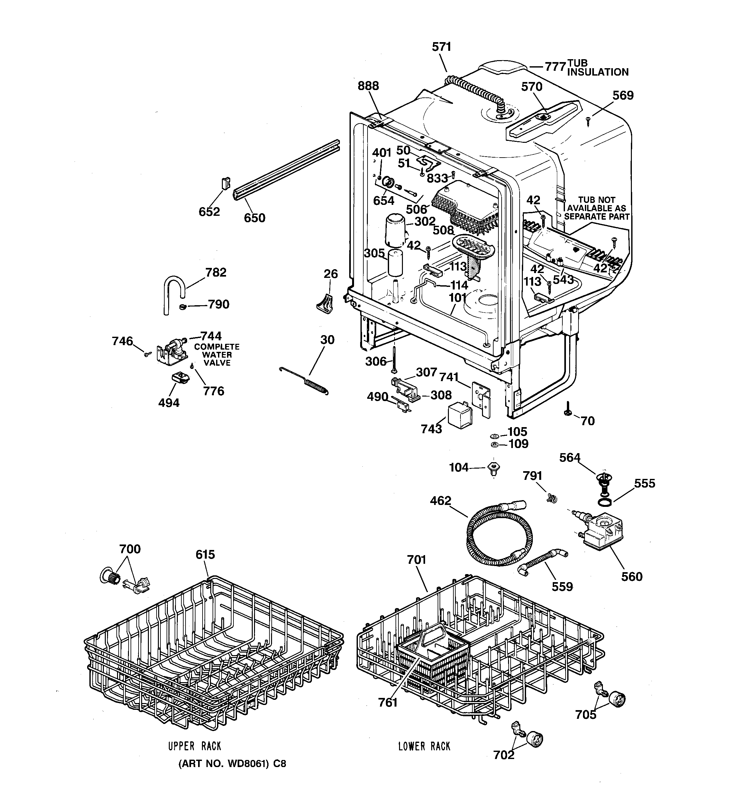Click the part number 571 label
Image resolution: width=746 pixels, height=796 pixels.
click(x=441, y=47)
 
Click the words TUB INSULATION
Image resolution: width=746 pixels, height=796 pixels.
click(x=597, y=68)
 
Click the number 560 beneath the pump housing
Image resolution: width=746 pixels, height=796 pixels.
click(x=632, y=577)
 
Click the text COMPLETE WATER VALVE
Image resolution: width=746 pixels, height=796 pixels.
click(x=217, y=355)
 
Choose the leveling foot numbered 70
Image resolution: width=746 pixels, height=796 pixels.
click(x=568, y=410)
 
